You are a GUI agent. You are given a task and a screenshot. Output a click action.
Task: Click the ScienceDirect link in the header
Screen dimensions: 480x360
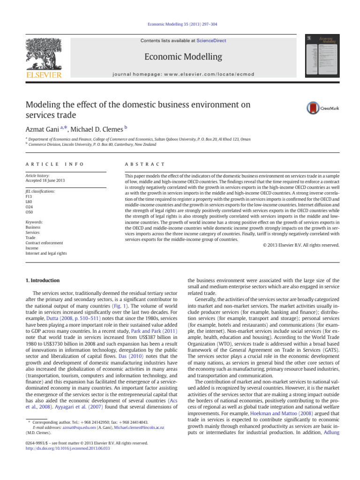click(211, 41)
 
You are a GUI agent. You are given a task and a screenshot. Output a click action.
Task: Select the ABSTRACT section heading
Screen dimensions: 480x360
click(145, 164)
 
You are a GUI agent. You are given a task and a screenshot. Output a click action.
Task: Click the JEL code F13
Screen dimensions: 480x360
click(29, 197)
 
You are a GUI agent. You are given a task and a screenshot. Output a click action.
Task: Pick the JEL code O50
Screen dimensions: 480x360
click(30, 212)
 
